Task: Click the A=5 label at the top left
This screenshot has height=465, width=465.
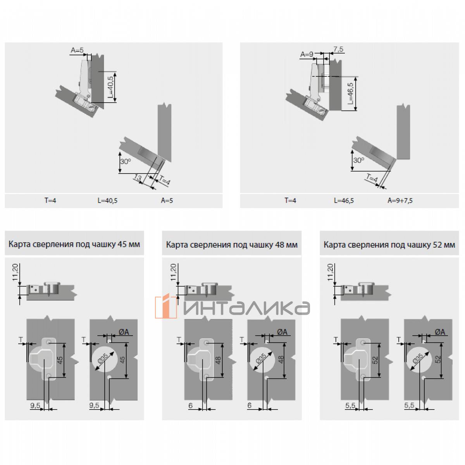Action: pyautogui.click(x=77, y=50)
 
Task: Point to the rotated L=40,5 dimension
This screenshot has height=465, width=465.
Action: pyautogui.click(x=110, y=87)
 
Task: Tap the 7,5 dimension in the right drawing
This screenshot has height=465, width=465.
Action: pyautogui.click(x=338, y=49)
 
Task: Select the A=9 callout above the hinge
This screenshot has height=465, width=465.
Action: pyautogui.click(x=307, y=55)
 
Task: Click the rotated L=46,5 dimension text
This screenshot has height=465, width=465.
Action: pyautogui.click(x=351, y=93)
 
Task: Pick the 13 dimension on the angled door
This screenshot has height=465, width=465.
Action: pyautogui.click(x=138, y=178)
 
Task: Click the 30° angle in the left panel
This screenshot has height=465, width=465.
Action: pyautogui.click(x=126, y=161)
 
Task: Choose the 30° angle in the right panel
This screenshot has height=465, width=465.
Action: pyautogui.click(x=358, y=160)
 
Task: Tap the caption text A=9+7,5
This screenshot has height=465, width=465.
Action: pyautogui.click(x=400, y=200)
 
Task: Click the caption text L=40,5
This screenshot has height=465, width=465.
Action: pyautogui.click(x=107, y=200)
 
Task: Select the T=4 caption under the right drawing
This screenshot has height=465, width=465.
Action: pyautogui.click(x=290, y=200)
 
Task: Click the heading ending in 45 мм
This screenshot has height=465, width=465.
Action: pyautogui.click(x=74, y=244)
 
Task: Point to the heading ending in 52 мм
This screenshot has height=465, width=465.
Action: pyautogui.click(x=389, y=245)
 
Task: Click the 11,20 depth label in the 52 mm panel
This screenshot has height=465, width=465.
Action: pyautogui.click(x=330, y=272)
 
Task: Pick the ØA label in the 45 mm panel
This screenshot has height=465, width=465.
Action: pyautogui.click(x=124, y=332)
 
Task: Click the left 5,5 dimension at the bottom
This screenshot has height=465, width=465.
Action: pyautogui.click(x=350, y=406)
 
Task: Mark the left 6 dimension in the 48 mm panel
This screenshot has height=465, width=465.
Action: pyautogui.click(x=190, y=406)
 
